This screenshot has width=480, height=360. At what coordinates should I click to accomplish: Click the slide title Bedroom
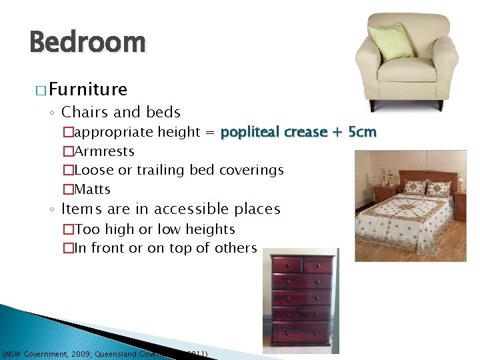tap(87, 43)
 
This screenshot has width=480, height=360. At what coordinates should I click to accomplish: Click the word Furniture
tap(87, 89)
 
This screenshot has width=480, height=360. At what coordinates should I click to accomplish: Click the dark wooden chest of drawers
tap(300, 300)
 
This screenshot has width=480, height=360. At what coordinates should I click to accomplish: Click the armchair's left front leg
tap(372, 105)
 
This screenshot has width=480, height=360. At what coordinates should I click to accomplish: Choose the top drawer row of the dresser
tap(301, 265)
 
